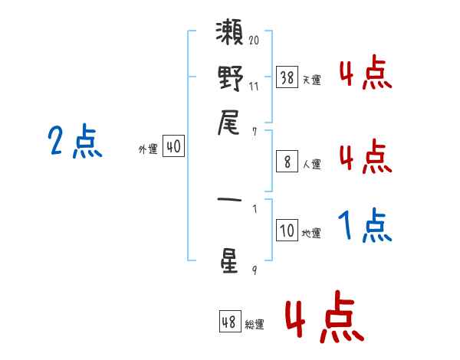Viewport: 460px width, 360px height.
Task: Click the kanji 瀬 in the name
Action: (229, 32)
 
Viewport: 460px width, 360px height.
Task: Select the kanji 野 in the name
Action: (230, 78)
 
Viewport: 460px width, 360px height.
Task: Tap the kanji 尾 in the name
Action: (228, 123)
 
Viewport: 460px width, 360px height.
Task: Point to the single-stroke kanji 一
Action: (229, 200)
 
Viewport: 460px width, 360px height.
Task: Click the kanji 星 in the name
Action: (228, 261)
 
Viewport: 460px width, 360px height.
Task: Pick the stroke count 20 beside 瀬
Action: (254, 40)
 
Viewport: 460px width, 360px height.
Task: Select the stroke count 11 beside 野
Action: (254, 87)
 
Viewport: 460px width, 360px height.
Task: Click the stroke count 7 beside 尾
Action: (255, 132)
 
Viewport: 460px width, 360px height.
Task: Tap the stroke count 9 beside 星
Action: (255, 270)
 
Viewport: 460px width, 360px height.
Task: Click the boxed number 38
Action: (287, 77)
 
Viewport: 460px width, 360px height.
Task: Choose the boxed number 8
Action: (287, 162)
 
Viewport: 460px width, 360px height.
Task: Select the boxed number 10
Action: (287, 230)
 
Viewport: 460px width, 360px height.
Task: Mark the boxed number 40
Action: (173, 146)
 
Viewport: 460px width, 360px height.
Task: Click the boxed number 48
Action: (230, 322)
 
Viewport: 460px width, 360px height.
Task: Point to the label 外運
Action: (148, 149)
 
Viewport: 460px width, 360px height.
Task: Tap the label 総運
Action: (255, 325)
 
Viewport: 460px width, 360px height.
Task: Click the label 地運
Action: (311, 233)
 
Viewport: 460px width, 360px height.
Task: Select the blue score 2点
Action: (75, 141)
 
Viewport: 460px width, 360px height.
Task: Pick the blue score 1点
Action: (365, 225)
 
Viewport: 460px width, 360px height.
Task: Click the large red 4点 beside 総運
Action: (325, 316)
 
